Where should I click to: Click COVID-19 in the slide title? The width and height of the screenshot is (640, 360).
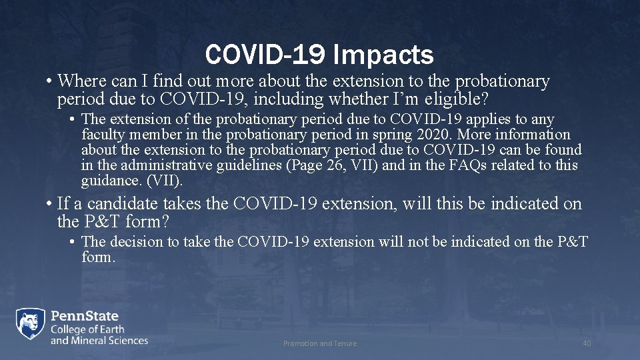click(x=263, y=55)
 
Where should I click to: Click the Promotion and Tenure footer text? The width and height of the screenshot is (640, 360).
click(x=320, y=343)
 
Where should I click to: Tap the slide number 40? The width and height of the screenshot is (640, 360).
click(x=587, y=343)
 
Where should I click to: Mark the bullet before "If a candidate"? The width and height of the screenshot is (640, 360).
click(x=50, y=204)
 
